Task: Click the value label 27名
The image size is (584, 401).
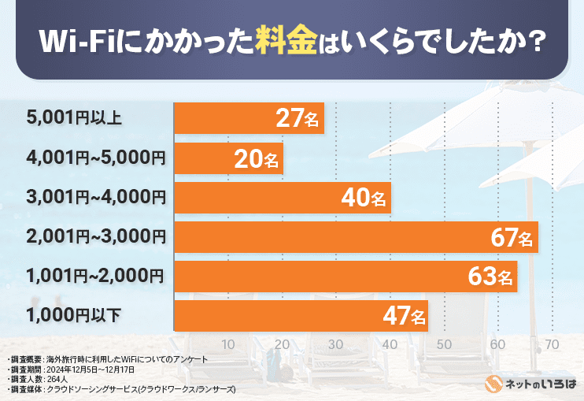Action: coord(298,119)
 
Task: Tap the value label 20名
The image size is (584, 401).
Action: coord(257,159)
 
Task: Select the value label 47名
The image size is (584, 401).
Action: coord(404,317)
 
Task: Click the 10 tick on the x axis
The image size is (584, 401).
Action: coord(228,344)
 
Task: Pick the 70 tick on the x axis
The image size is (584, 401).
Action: coord(552,344)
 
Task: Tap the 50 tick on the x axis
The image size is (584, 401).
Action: coord(444,344)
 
